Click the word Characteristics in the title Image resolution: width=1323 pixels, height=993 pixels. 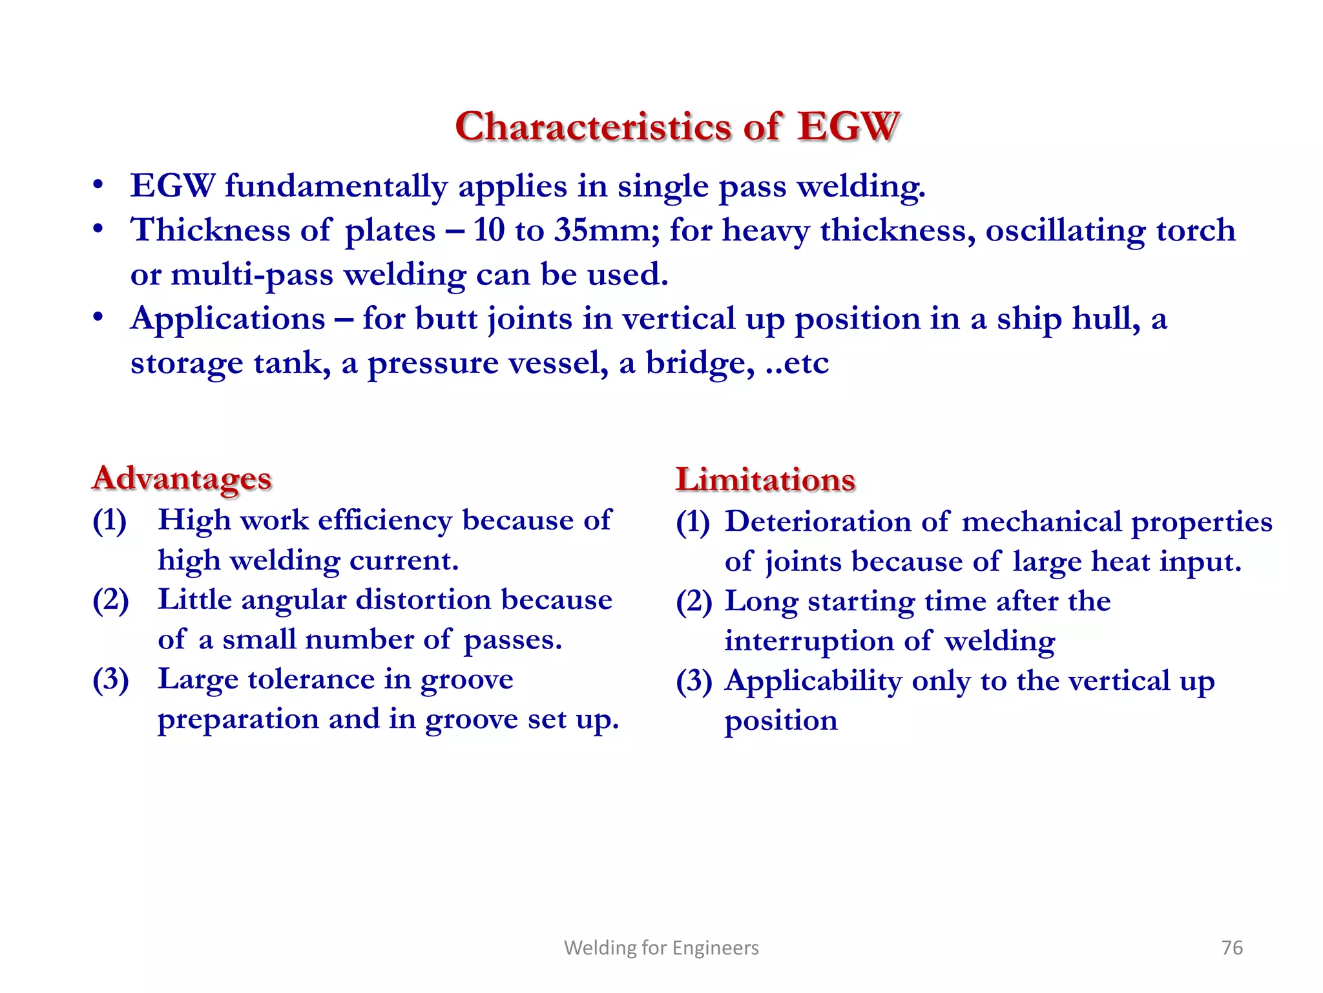(x=594, y=126)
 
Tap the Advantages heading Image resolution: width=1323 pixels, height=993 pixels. (x=182, y=479)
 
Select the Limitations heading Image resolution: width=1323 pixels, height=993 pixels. (x=766, y=480)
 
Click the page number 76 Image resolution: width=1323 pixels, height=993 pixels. (x=1232, y=948)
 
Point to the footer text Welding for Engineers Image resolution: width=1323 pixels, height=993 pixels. (x=661, y=948)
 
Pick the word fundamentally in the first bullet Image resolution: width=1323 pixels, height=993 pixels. (x=336, y=187)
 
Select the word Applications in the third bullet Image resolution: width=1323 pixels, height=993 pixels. (x=228, y=319)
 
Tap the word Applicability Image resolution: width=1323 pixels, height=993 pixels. (x=813, y=681)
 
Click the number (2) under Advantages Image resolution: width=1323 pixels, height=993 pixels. (x=110, y=601)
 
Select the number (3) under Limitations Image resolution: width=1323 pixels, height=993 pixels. (x=694, y=681)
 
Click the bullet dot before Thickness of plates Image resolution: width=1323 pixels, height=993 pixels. (x=98, y=230)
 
